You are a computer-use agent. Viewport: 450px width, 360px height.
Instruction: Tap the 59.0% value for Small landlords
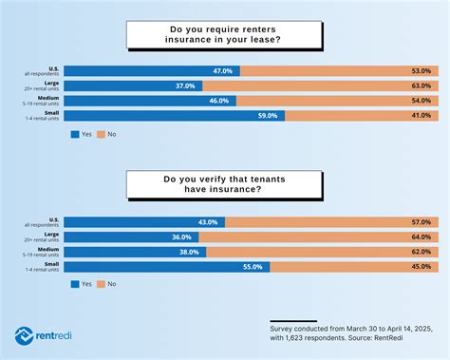(x=267, y=115)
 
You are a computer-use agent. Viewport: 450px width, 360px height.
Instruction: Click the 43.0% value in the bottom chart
(x=208, y=221)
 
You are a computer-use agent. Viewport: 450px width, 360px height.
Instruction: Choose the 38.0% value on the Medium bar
(x=188, y=252)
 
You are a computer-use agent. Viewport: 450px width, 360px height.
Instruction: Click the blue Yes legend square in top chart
(x=75, y=135)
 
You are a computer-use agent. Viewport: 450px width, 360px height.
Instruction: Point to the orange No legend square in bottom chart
(x=101, y=284)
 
